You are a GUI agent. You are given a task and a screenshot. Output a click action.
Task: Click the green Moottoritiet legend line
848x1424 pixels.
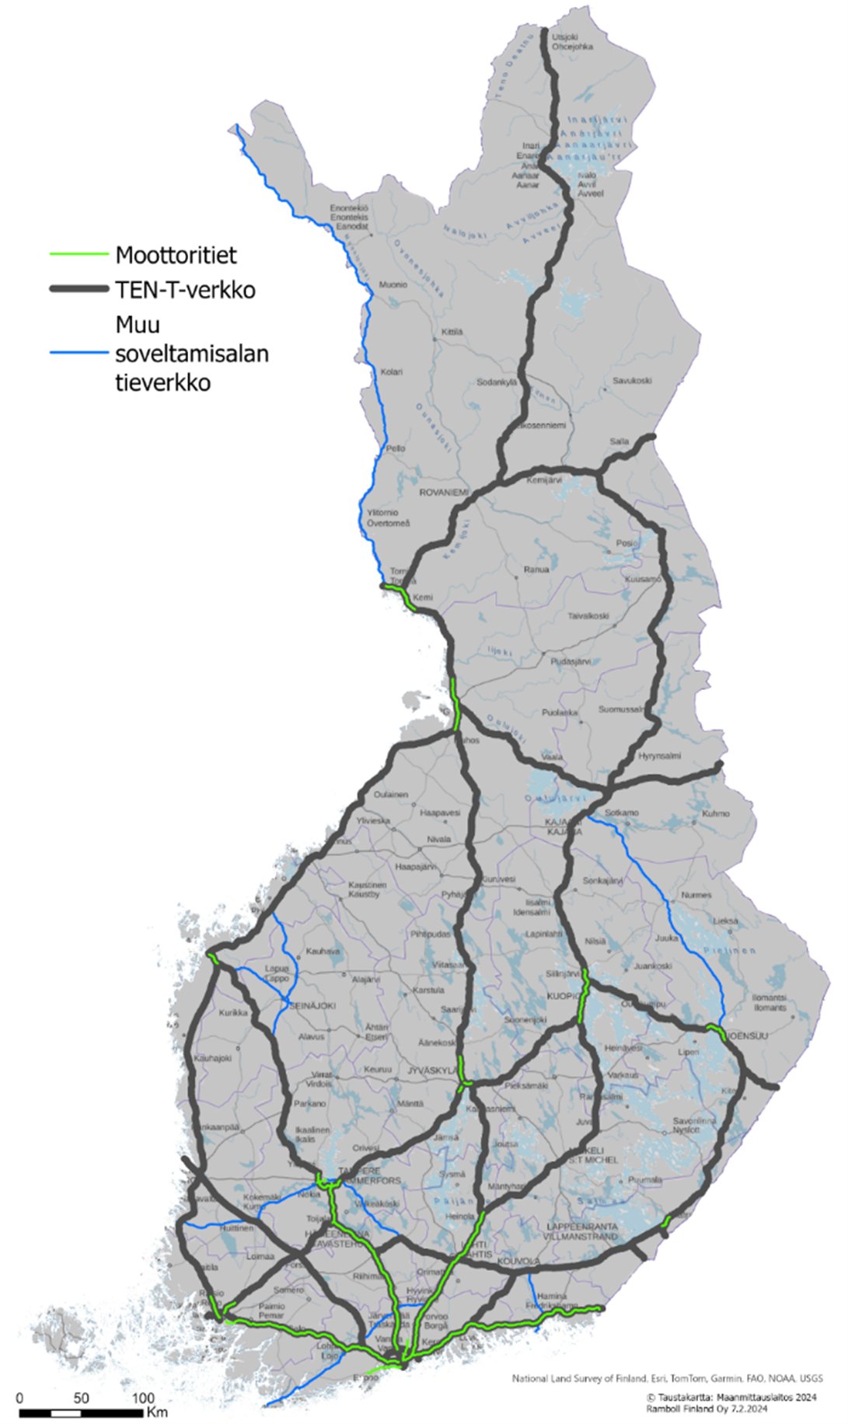pos(79,254)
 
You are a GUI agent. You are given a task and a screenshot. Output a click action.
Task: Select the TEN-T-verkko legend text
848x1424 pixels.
pos(185,290)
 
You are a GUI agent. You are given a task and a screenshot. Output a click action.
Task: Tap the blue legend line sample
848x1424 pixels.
pos(79,353)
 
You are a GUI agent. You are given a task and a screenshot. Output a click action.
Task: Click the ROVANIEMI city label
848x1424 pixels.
pos(444,493)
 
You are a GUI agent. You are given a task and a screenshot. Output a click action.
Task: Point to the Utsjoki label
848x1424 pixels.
pos(565,37)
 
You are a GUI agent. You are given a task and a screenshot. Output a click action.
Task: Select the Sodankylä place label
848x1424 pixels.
pos(496,382)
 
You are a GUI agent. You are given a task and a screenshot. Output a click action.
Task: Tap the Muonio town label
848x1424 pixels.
pos(393,285)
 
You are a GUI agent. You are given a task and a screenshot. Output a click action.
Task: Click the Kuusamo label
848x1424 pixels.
pos(643,579)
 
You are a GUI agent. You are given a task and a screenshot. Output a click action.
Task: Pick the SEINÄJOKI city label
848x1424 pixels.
pos(312,1005)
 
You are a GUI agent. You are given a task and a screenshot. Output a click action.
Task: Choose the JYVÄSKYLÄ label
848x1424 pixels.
pos(433,1071)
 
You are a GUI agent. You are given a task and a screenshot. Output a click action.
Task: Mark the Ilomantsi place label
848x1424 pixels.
pos(769,997)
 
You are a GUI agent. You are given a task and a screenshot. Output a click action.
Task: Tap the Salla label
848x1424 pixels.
pos(619,441)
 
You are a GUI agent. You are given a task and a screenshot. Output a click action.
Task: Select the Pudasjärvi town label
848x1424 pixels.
pos(571,662)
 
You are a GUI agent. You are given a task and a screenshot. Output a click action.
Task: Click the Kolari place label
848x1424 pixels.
pos(391,372)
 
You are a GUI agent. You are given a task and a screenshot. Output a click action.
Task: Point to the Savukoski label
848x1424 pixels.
pos(632,381)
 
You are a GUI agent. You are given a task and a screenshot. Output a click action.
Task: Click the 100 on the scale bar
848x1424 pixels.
pos(143,1398)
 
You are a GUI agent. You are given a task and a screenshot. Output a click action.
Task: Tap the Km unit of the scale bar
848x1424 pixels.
pos(157,1411)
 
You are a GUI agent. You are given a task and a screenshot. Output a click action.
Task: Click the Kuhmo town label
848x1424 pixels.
pos(715,813)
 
